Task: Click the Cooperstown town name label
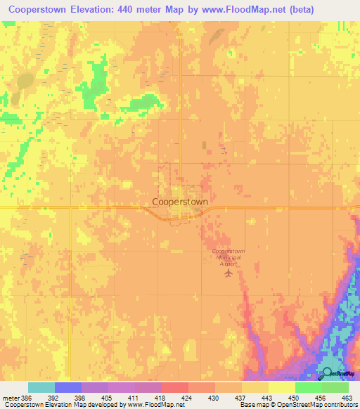[180, 201]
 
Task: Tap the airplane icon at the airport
[228, 273]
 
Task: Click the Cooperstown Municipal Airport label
[228, 257]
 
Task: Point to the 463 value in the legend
[345, 397]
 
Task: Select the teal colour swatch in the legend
[41, 387]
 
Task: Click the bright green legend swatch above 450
[308, 387]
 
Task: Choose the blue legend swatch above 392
[68, 387]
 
